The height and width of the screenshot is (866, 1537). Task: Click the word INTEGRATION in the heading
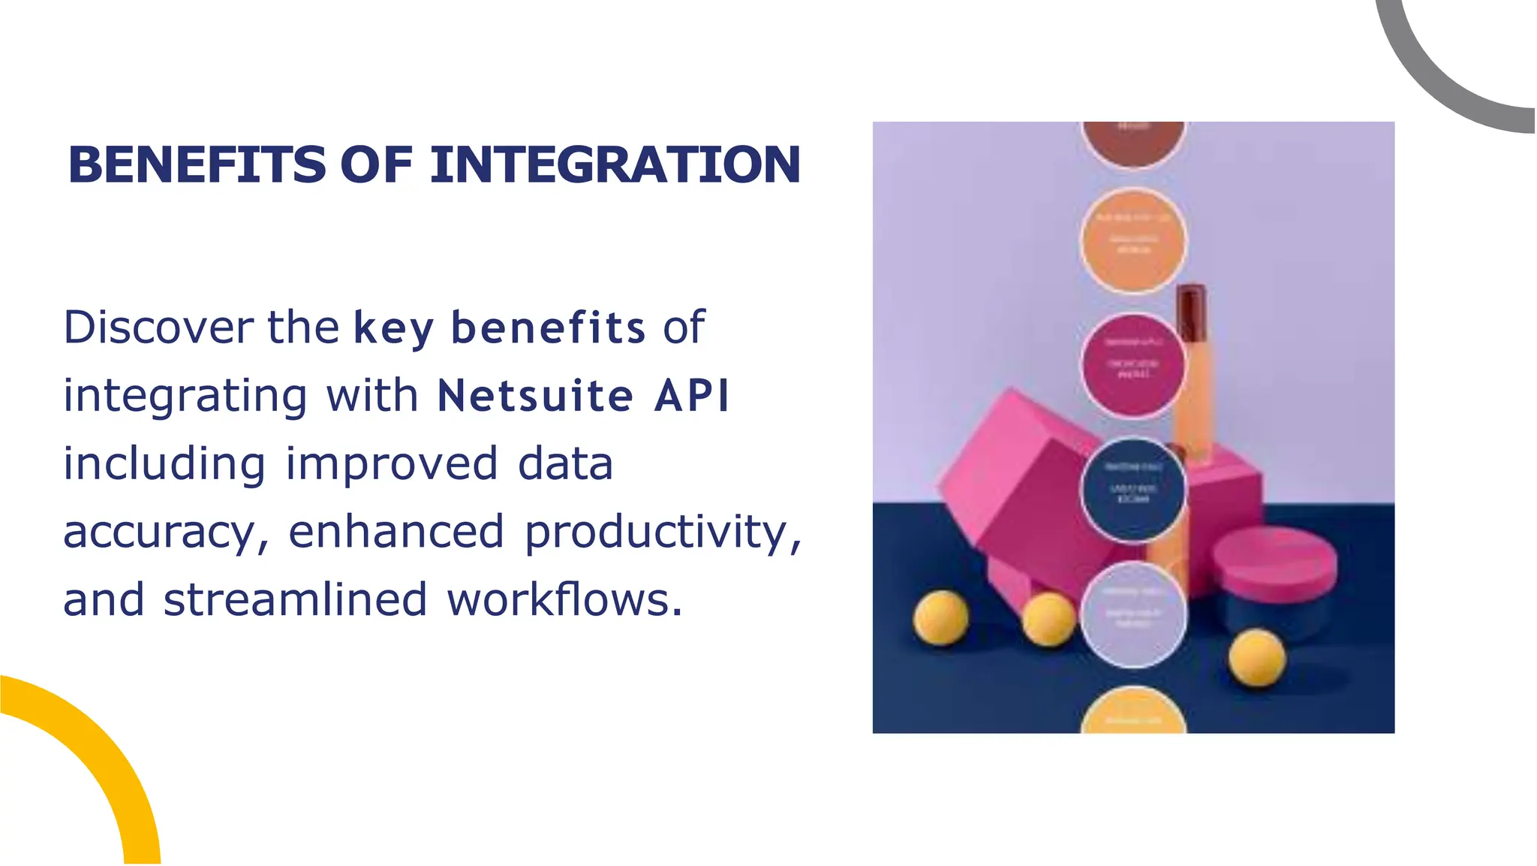coord(615,165)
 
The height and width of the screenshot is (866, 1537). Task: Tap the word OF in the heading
coord(376,165)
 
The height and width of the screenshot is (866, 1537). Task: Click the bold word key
coord(393,329)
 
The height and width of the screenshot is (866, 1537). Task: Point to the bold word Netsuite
coord(535,396)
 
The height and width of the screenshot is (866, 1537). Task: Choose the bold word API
coord(691,396)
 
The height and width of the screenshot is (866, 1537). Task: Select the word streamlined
coord(295,600)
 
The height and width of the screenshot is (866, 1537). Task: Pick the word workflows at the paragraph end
coord(564,600)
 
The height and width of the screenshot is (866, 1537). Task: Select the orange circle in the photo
coord(1133,240)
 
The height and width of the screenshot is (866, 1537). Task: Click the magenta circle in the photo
coord(1133,366)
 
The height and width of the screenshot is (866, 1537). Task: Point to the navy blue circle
coord(1133,490)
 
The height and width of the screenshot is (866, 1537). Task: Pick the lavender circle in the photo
coord(1133,615)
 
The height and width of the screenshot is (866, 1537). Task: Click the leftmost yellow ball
coord(941,617)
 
